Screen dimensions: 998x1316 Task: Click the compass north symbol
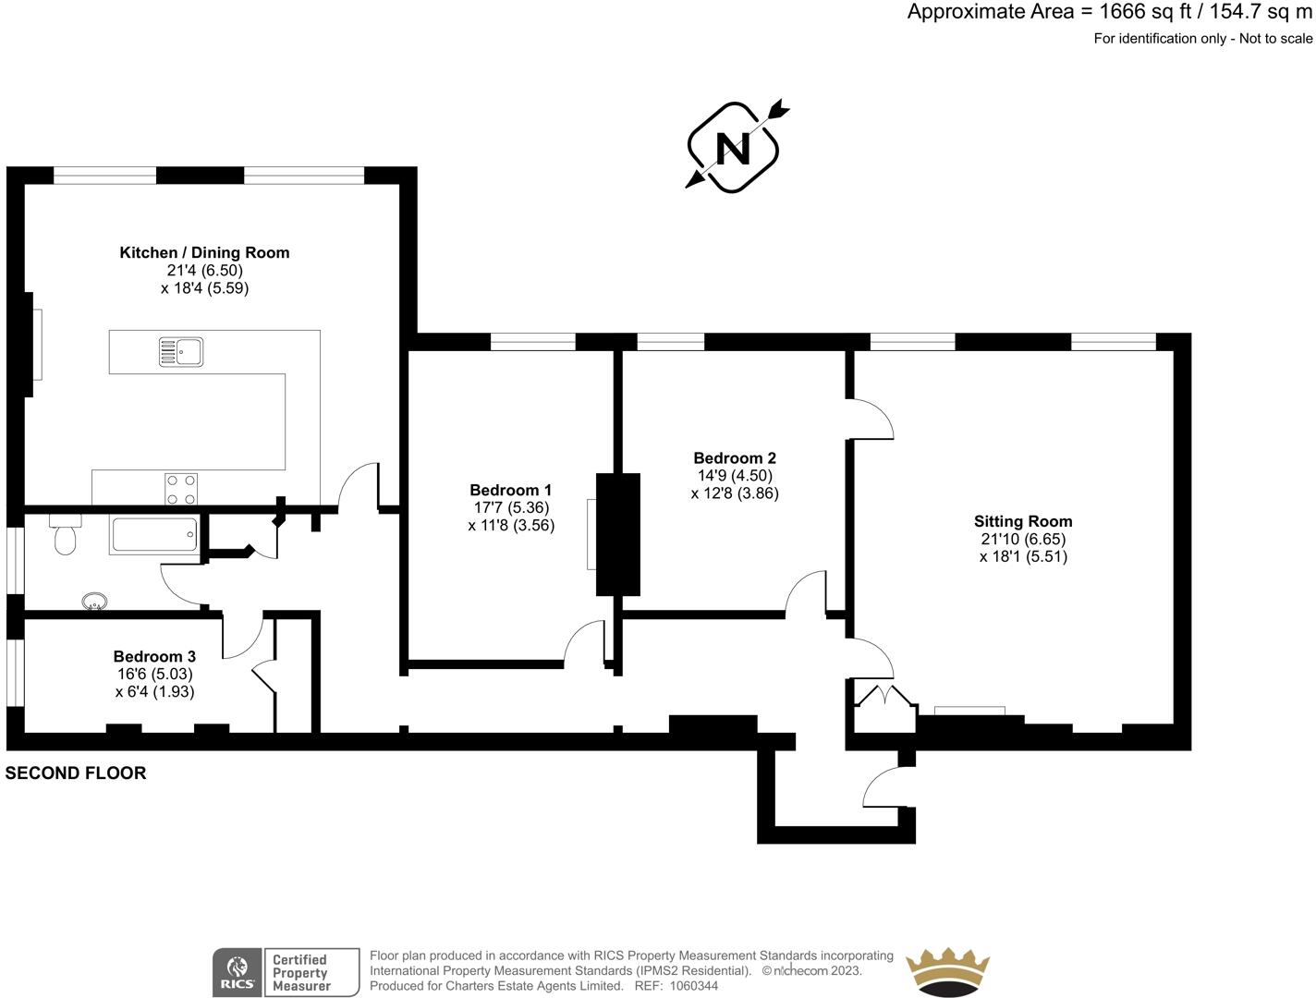[734, 148]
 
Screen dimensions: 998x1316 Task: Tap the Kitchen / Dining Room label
[204, 252]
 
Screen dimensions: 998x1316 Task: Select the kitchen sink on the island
[181, 352]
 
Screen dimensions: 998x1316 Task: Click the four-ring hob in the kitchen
[180, 489]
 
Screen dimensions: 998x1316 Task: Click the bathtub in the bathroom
[154, 535]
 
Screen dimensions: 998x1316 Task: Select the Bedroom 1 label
[510, 490]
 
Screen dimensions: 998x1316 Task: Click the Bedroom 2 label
[735, 457]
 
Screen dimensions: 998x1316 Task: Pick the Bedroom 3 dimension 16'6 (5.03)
[154, 674]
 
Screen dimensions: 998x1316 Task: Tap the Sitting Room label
[1023, 521]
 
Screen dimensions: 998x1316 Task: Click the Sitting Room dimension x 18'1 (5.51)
[1023, 556]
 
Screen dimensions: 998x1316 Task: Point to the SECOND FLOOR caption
[76, 773]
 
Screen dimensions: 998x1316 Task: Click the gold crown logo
[947, 972]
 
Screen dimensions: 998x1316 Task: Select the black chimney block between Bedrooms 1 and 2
[617, 533]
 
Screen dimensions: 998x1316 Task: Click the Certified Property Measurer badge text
[300, 973]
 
